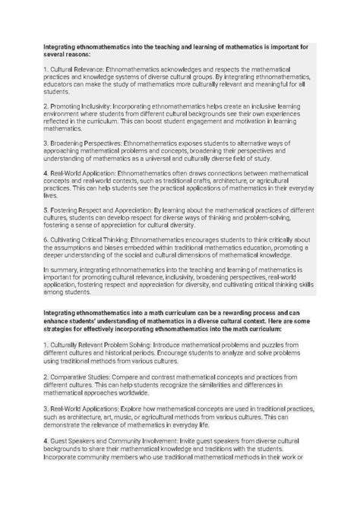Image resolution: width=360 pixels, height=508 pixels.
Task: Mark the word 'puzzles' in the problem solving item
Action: [259, 366]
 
